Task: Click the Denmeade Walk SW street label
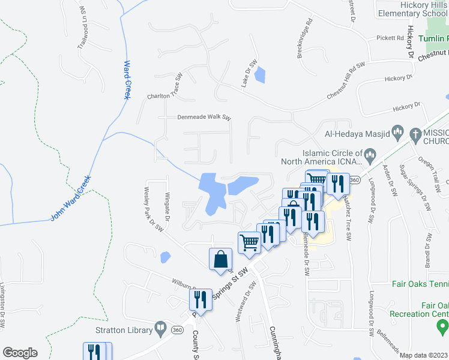(x=203, y=118)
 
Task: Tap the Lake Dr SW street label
(x=249, y=73)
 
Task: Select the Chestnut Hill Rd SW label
(x=346, y=81)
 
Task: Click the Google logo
(x=20, y=353)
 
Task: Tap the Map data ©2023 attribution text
(x=424, y=355)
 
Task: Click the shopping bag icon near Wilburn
(x=220, y=259)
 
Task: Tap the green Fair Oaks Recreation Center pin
(x=442, y=327)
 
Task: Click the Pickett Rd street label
(x=391, y=38)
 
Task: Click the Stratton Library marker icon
(x=160, y=328)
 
